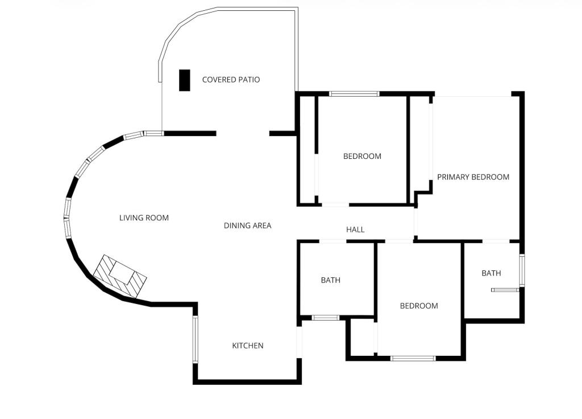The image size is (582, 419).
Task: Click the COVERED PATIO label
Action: coord(231,80)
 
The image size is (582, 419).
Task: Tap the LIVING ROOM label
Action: coord(144,217)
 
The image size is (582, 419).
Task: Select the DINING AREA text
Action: coord(247,225)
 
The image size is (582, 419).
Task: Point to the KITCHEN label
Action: coord(248,346)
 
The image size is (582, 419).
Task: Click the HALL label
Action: coord(355,229)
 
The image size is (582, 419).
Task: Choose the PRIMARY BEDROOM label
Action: coord(473,177)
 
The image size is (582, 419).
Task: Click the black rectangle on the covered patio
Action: coord(185,80)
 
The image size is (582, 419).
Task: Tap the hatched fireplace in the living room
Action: coord(120,276)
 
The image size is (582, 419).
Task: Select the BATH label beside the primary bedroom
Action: coord(491,273)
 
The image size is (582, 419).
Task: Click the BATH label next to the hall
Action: coord(331,280)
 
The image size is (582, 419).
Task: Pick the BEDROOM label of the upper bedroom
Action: coord(362,156)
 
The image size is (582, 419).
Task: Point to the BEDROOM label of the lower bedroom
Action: coord(419,306)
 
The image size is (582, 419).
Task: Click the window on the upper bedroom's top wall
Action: coord(354,93)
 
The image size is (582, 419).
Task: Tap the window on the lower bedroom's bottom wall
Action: coord(413,358)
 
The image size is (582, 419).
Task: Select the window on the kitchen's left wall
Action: coord(195,339)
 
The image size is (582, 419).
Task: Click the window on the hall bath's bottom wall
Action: coord(326,318)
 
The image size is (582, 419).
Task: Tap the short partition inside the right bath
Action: coord(505,290)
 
